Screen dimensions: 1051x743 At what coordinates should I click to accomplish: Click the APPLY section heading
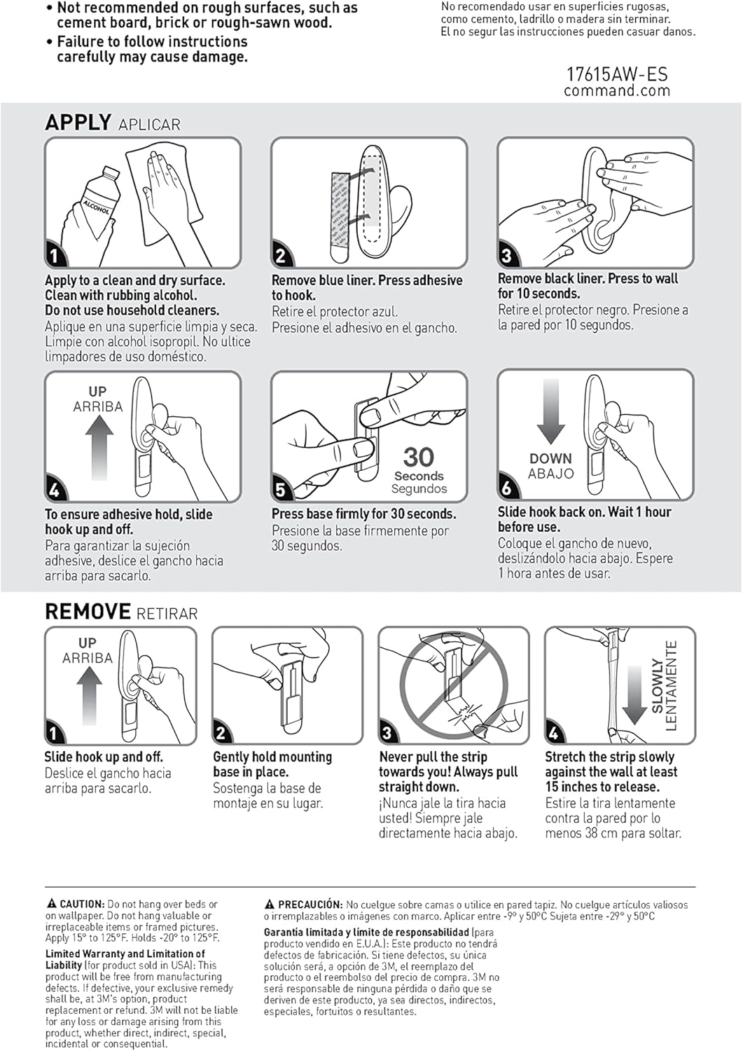[78, 123]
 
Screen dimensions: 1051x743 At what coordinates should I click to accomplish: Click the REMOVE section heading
[88, 612]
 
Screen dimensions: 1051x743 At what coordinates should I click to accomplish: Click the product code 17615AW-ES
[616, 74]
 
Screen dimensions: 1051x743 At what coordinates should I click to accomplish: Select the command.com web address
[616, 90]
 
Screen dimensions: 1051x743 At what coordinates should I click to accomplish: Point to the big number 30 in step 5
[419, 457]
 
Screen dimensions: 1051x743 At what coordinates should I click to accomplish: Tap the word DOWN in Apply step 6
[550, 458]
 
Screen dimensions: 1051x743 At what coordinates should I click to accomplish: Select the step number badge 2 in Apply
[281, 256]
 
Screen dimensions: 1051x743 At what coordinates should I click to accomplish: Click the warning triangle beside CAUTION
[51, 905]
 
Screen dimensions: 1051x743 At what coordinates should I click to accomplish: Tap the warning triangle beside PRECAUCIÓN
[270, 905]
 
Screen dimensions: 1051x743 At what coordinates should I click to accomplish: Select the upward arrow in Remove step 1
[88, 695]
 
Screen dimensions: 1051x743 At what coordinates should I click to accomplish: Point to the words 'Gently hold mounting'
[272, 757]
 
